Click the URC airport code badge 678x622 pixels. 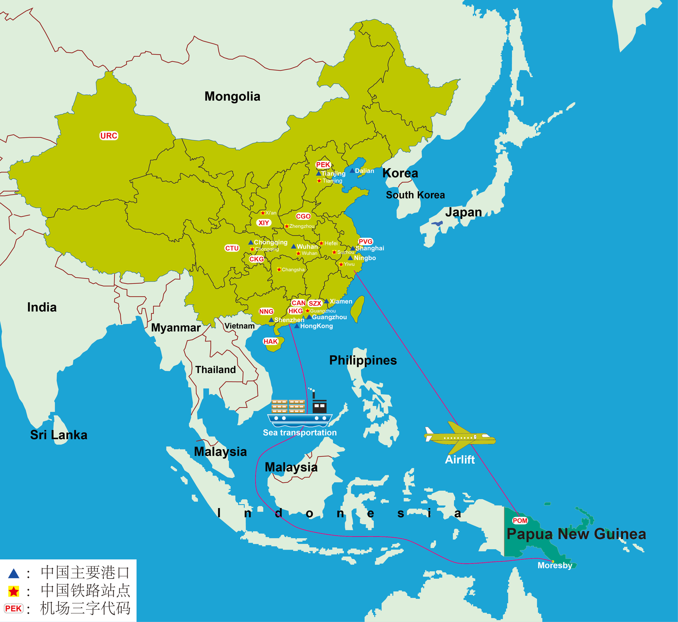[108, 135]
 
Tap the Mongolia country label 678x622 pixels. [232, 97]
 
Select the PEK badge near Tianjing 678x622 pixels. [323, 165]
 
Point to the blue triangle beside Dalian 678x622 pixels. [352, 171]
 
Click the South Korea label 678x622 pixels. [415, 195]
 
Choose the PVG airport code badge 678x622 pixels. [365, 241]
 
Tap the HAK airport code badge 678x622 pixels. [270, 341]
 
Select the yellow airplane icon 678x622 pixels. [460, 437]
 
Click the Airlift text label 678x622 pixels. [460, 460]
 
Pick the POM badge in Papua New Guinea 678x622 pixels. [520, 520]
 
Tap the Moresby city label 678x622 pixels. [555, 566]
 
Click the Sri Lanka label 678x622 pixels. [58, 435]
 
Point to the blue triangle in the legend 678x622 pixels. [14, 574]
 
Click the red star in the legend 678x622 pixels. [14, 591]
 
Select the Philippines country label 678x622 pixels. [363, 360]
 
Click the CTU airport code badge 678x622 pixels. [232, 248]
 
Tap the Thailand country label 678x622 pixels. [215, 370]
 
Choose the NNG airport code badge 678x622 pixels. [266, 311]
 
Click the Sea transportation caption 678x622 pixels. [300, 433]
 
